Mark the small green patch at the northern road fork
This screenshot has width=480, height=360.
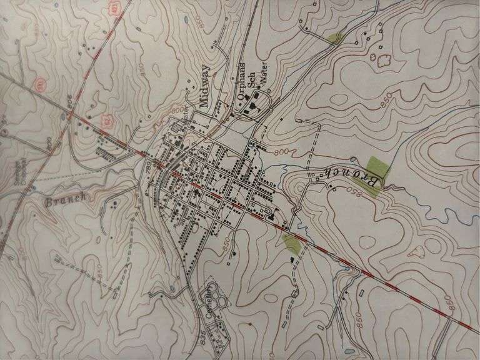336,38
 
